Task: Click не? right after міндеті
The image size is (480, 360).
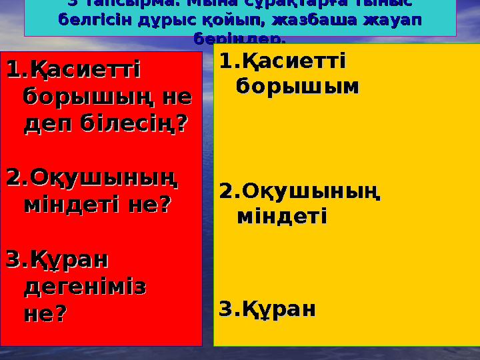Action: pyautogui.click(x=149, y=204)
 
